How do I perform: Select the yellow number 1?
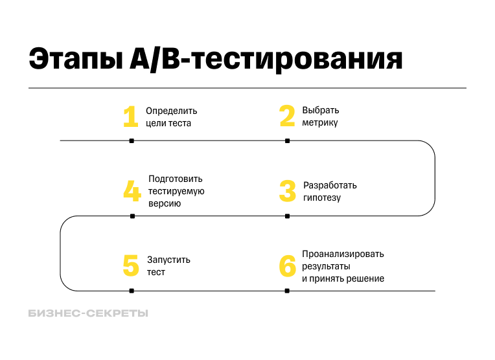131,117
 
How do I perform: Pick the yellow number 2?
287,117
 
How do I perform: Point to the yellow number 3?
287,192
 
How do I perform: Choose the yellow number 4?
132,192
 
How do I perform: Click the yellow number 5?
131,266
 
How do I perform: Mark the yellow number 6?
287,266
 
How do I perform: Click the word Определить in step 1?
171,111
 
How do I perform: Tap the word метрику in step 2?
319,123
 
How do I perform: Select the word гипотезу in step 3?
322,197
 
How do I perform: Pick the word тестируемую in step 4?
176,191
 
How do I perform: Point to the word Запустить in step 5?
168,260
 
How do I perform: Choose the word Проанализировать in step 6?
343,254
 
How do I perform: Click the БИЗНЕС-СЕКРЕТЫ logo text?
88,313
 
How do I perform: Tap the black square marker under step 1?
132,141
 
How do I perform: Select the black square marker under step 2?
287,141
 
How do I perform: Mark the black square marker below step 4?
132,216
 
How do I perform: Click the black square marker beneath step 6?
287,291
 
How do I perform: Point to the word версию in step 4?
165,203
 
